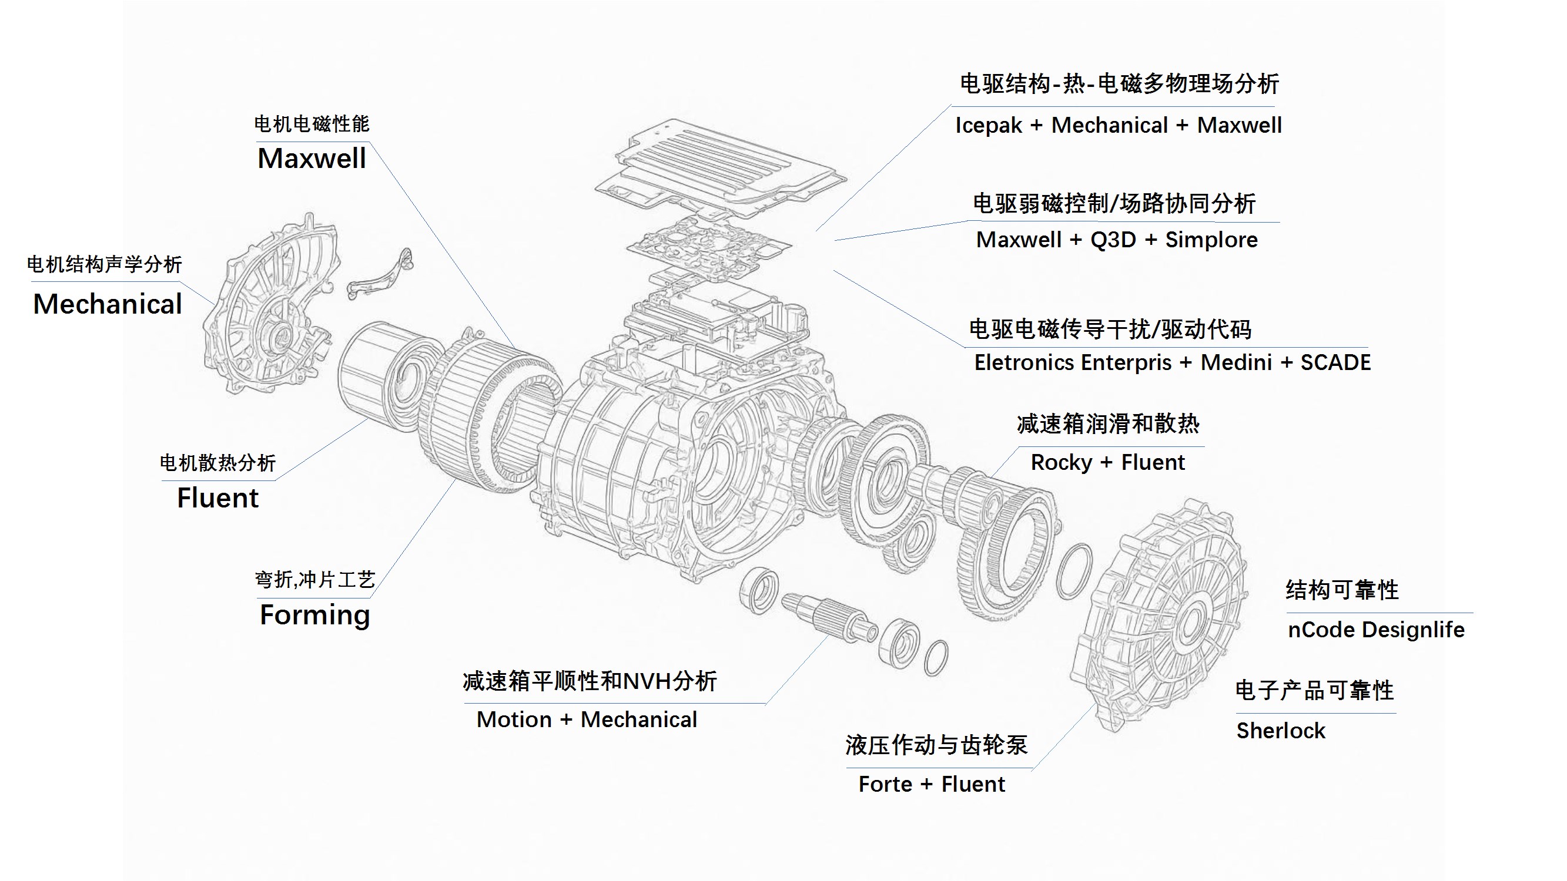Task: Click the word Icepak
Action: coord(989,125)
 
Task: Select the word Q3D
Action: coord(1113,240)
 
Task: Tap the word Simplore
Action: coord(1211,240)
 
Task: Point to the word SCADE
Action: coord(1335,362)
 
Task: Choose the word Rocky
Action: coord(1061,463)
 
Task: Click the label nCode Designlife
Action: coord(1376,630)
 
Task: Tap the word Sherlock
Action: coord(1281,731)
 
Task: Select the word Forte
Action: coord(885,784)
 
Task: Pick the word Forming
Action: coord(314,616)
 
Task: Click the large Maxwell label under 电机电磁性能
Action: coord(312,159)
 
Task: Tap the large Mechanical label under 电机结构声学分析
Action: coord(108,304)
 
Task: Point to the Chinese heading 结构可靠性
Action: coord(1342,590)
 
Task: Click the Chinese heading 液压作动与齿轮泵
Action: coord(936,745)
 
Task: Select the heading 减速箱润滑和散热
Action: coord(1108,424)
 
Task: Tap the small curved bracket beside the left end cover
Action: coord(381,277)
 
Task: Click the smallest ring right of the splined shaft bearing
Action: coord(936,658)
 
